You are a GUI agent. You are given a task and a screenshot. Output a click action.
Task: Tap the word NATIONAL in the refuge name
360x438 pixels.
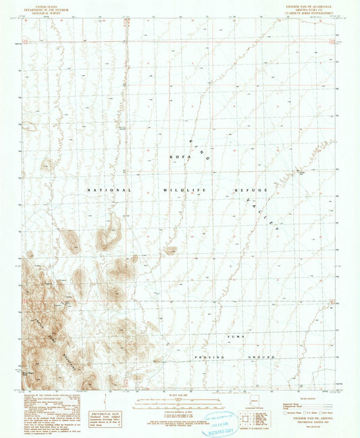tap(108, 190)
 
